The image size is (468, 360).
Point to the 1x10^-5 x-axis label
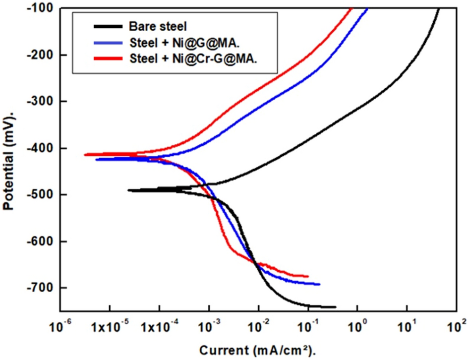click(x=109, y=327)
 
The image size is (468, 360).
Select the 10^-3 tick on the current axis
click(x=209, y=327)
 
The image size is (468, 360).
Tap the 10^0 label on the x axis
click(x=357, y=327)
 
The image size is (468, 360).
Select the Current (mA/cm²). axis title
click(x=257, y=351)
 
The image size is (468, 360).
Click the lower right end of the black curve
click(x=335, y=307)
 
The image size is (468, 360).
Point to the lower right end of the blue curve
click(x=319, y=284)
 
